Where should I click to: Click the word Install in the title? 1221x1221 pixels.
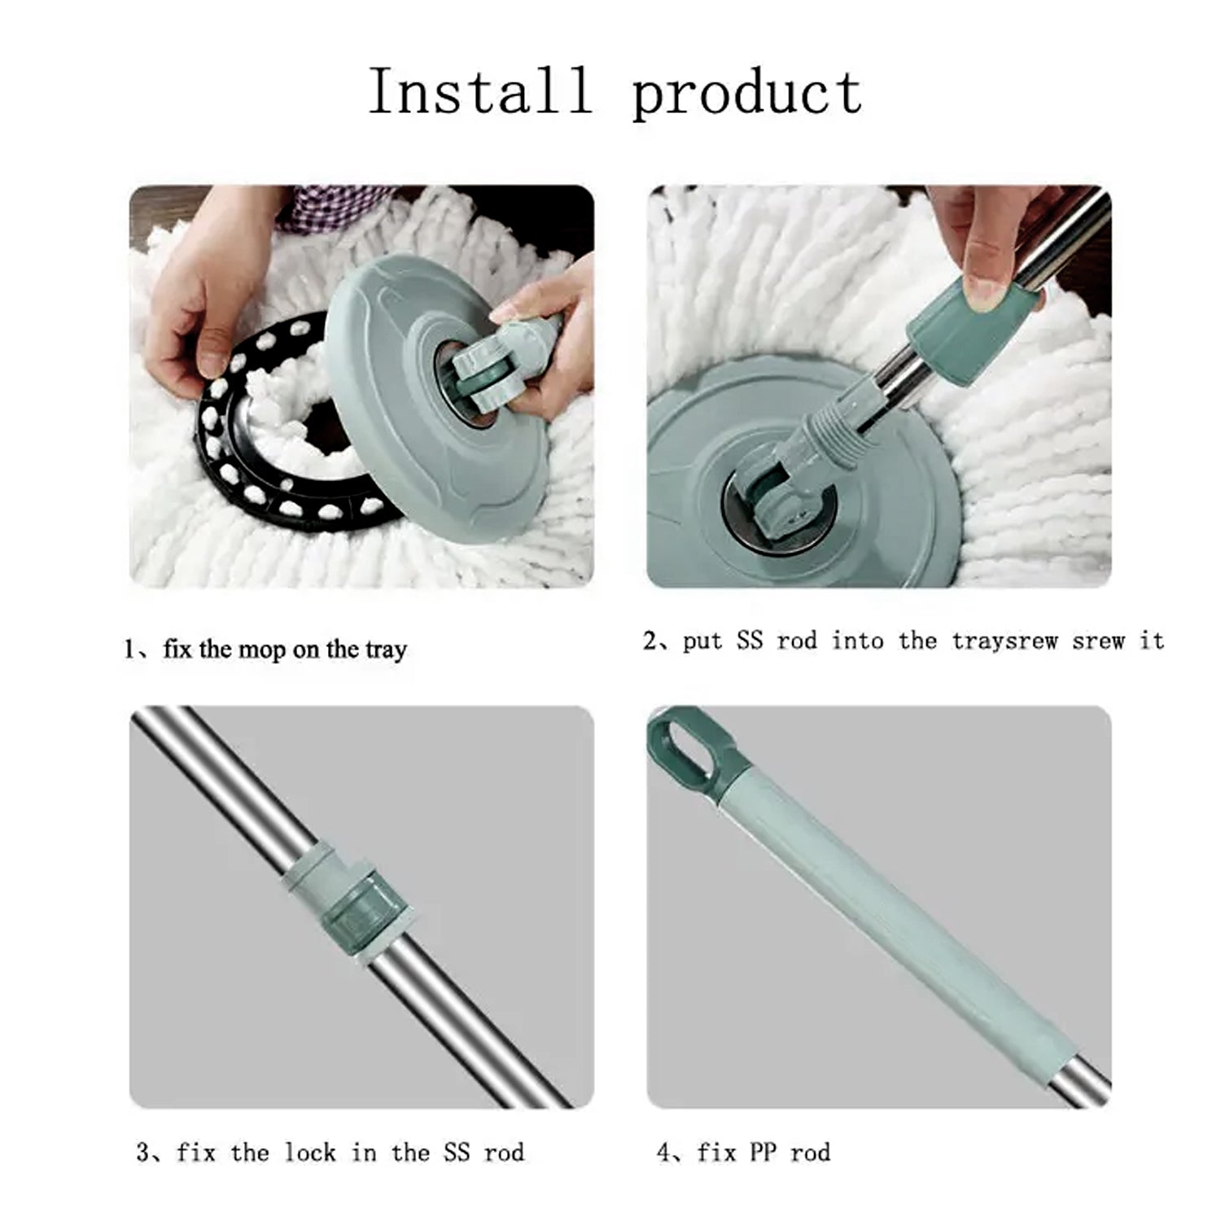coord(479,91)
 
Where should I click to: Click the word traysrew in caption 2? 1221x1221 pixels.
coord(1004,642)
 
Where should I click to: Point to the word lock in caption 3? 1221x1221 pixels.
coord(309,1153)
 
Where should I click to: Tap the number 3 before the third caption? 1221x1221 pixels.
coord(143,1153)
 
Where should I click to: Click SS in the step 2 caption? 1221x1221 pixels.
coord(749,641)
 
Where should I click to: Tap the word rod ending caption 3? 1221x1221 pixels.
coord(504,1153)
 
